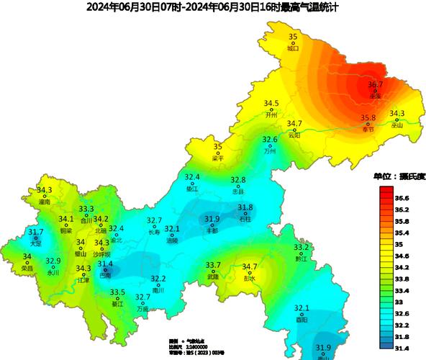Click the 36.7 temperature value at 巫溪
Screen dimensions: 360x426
(x=375, y=84)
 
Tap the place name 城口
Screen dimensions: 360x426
(x=292, y=49)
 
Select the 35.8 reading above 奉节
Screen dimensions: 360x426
(x=368, y=118)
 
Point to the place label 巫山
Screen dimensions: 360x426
(x=397, y=125)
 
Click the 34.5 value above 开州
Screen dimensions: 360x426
(x=271, y=104)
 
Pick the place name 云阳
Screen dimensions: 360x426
(x=294, y=135)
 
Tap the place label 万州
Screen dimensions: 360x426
(x=270, y=151)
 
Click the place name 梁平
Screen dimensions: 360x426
(x=218, y=158)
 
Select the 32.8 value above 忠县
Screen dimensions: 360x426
(x=237, y=180)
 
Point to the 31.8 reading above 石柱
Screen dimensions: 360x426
(x=245, y=207)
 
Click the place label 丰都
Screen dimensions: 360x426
(x=212, y=230)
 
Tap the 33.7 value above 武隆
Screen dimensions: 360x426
(x=213, y=266)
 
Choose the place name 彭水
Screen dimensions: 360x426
(x=250, y=279)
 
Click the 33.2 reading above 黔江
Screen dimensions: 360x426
(x=301, y=248)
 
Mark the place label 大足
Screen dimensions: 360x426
(x=36, y=244)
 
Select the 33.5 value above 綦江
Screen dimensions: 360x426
(x=117, y=292)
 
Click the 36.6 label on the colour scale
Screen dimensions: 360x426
(x=402, y=197)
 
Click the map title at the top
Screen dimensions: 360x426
(x=212, y=7)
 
